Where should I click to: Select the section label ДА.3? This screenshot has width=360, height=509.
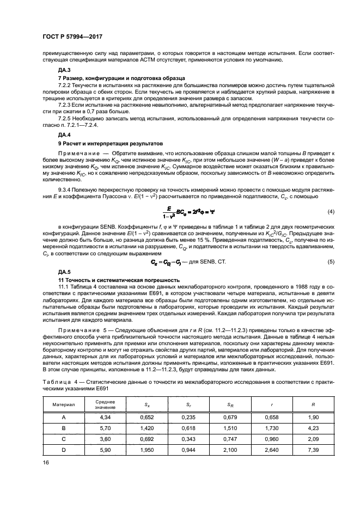point(64,71)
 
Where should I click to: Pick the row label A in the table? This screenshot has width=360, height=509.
point(64,418)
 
